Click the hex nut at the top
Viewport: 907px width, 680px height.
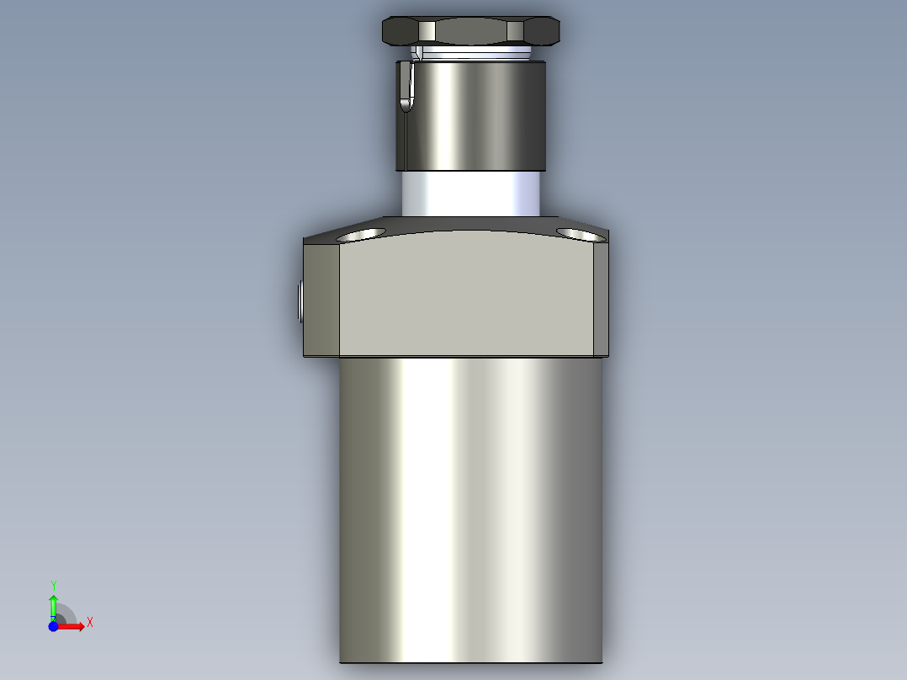(x=471, y=32)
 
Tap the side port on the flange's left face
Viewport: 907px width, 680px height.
(x=300, y=301)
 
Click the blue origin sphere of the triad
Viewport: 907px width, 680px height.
(x=53, y=626)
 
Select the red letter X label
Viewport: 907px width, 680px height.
(x=89, y=623)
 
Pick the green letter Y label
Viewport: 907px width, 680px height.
(x=53, y=585)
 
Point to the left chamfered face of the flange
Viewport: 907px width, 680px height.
(x=321, y=299)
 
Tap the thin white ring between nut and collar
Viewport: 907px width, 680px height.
(x=471, y=54)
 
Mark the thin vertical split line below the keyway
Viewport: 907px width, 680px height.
(x=404, y=139)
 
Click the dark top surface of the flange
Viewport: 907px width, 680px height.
(x=471, y=225)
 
